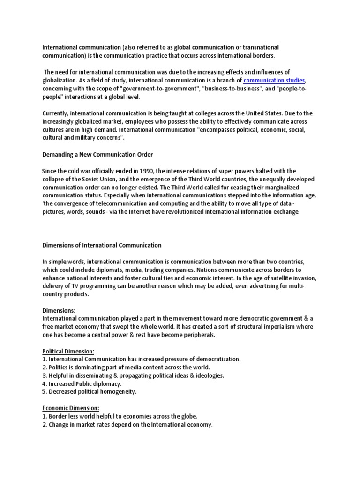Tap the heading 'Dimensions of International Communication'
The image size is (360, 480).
pyautogui.click(x=102, y=245)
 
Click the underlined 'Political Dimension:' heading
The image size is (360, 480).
pyautogui.click(x=68, y=351)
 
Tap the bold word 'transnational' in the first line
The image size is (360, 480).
pyautogui.click(x=259, y=48)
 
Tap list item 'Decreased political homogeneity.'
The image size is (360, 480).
pyautogui.click(x=90, y=391)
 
